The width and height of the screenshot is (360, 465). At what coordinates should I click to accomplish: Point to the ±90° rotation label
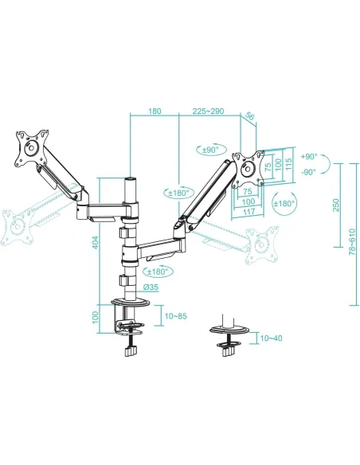click(211, 149)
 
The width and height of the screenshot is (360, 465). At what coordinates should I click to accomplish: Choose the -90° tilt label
click(310, 171)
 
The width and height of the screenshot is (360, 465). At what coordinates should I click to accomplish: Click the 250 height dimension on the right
click(338, 205)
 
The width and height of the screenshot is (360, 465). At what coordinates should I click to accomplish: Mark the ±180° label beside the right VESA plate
click(283, 203)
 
